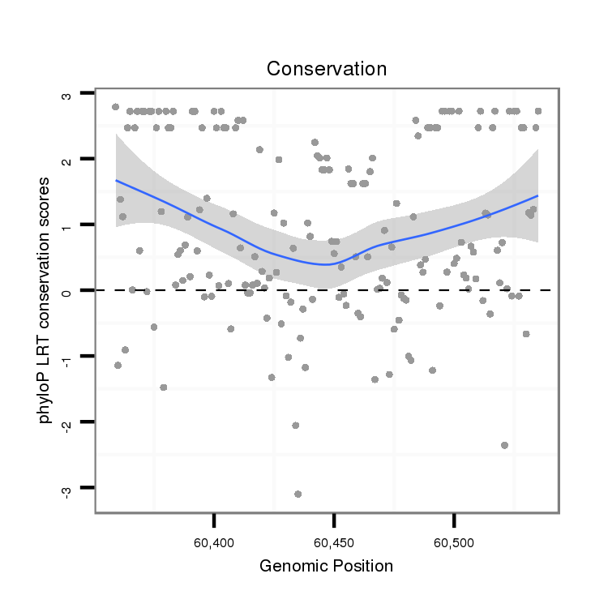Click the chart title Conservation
pyautogui.click(x=327, y=69)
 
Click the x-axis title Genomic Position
pyautogui.click(x=326, y=566)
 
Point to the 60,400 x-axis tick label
pyautogui.click(x=214, y=541)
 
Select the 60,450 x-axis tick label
pyautogui.click(x=334, y=541)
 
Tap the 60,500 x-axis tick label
pyautogui.click(x=454, y=541)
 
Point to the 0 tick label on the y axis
pyautogui.click(x=67, y=290)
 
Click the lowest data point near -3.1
pyautogui.click(x=298, y=494)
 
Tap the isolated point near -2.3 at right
pyautogui.click(x=504, y=445)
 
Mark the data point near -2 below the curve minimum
pyautogui.click(x=295, y=425)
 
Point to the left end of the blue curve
pyautogui.click(x=116, y=180)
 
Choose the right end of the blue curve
pyautogui.click(x=537, y=195)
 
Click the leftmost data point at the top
pyautogui.click(x=115, y=107)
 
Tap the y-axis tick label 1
pyautogui.click(x=67, y=225)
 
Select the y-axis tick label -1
pyautogui.click(x=67, y=357)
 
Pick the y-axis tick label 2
pyautogui.click(x=67, y=160)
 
